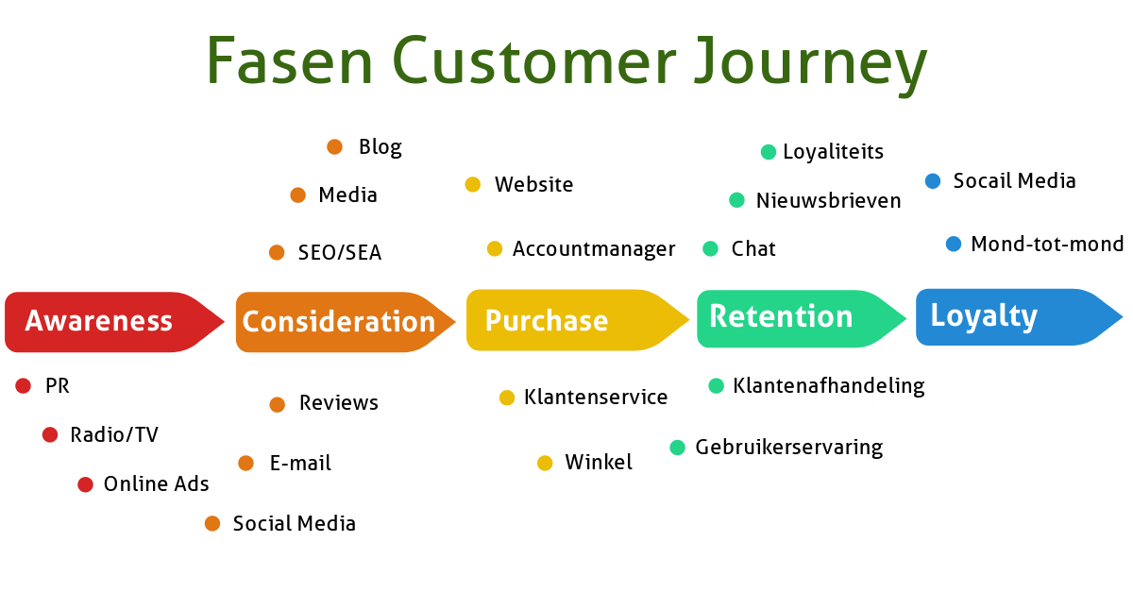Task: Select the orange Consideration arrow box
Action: (x=338, y=322)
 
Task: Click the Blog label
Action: (x=380, y=147)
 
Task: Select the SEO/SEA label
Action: (x=340, y=253)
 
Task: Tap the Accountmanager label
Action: (x=594, y=249)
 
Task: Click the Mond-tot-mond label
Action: (x=1047, y=245)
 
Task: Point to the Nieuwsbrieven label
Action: (x=828, y=201)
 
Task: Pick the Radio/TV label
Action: (x=114, y=435)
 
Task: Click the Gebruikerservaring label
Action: (x=788, y=448)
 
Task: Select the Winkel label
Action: (x=599, y=463)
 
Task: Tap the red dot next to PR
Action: (x=24, y=385)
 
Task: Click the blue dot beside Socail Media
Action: (x=933, y=180)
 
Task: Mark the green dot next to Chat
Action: (x=710, y=248)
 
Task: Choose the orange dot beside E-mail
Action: (x=245, y=463)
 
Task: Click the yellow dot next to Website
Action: (x=473, y=184)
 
